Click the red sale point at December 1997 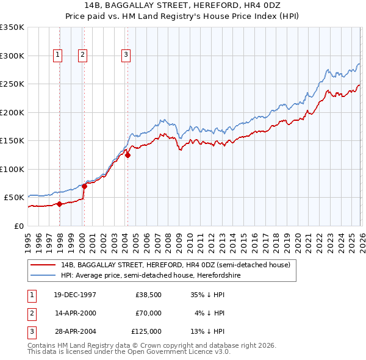point(60,204)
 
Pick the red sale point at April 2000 point(85,186)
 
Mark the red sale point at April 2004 point(128,155)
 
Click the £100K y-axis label point(12,169)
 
